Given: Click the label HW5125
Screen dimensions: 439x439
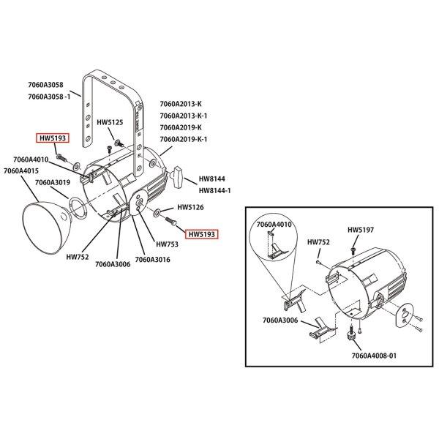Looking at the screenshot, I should coord(110,123).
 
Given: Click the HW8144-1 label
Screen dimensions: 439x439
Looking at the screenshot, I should coord(214,190).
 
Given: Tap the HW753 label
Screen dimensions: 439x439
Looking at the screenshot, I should coord(167,244).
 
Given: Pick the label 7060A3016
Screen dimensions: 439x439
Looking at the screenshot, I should coord(152,259).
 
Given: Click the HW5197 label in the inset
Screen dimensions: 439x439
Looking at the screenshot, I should coord(360,230).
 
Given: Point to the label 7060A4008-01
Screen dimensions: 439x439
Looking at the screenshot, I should coord(373,356).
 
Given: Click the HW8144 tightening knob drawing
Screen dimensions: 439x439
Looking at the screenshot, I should coord(178,176).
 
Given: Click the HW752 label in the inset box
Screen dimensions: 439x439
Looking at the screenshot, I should coord(318,242).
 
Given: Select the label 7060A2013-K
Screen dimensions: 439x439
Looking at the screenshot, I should coord(180,104).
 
